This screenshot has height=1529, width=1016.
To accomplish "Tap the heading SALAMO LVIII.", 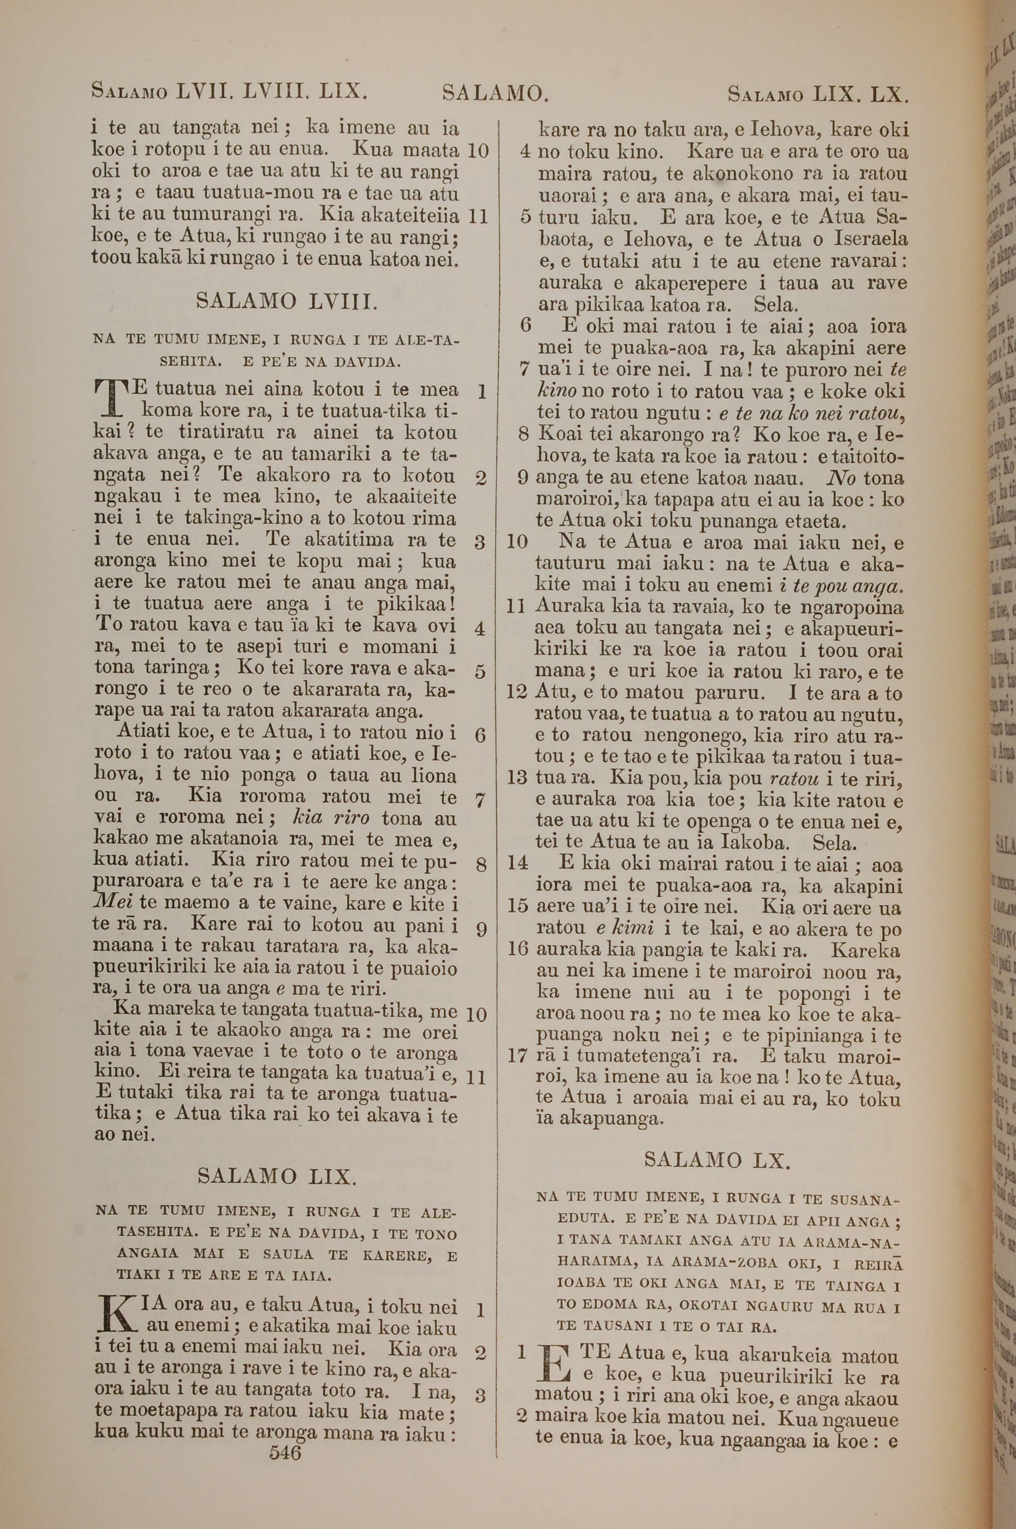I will [285, 301].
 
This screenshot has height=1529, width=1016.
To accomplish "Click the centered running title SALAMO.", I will [496, 94].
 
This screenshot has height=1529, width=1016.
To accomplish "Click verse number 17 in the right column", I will [518, 1056].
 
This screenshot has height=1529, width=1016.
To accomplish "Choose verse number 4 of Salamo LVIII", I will [480, 629].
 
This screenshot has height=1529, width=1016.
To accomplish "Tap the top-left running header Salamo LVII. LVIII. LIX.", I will [230, 91].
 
